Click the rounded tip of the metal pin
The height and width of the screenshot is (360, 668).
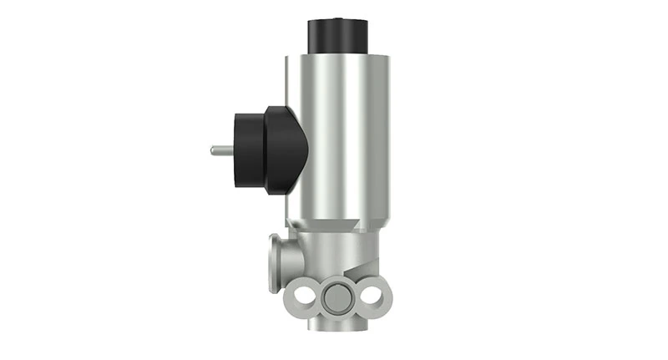coord(214,150)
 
